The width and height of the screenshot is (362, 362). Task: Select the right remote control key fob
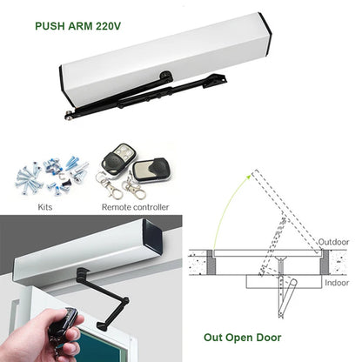[x=151, y=167]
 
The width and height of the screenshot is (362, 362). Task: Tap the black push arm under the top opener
[x=148, y=94]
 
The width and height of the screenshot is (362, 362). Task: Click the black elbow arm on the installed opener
[x=100, y=301]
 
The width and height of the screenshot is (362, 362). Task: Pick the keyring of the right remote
[x=136, y=186]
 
